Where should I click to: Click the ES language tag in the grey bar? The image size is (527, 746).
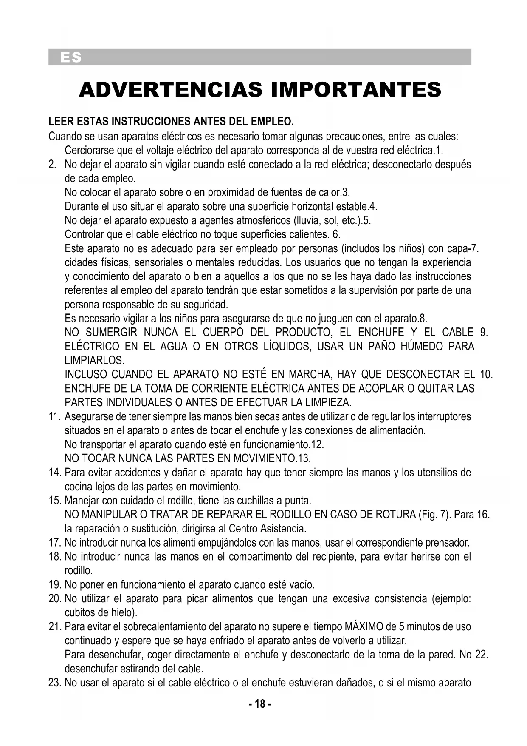point(70,57)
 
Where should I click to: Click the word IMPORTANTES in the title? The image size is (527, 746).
point(356,89)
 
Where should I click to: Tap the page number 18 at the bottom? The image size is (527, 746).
point(259,704)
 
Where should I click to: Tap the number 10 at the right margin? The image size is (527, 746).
point(486,375)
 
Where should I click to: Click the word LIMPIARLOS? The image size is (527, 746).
point(94,361)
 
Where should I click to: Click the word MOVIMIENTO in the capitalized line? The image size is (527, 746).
point(256,458)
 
